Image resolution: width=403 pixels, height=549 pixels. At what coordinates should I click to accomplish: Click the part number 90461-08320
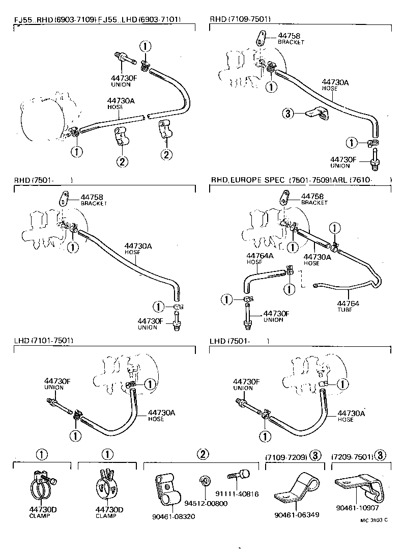pyautogui.click(x=173, y=516)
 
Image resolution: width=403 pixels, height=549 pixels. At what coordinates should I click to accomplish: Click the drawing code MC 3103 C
pyautogui.click(x=374, y=520)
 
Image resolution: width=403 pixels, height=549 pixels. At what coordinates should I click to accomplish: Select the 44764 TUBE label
pyautogui.click(x=348, y=307)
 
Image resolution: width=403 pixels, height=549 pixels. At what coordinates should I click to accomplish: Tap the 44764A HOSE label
pyautogui.click(x=254, y=258)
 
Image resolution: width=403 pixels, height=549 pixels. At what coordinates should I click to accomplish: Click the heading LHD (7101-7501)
pyautogui.click(x=44, y=340)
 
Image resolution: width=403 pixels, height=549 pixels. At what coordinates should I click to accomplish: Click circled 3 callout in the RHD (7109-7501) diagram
pyautogui.click(x=289, y=113)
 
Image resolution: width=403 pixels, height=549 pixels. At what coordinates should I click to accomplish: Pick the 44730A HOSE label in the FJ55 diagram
pyautogui.click(x=121, y=104)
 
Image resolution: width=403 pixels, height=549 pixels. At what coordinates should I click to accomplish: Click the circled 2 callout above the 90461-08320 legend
pyautogui.click(x=202, y=454)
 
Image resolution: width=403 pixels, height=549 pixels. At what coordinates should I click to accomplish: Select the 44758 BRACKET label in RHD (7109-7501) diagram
pyautogui.click(x=291, y=39)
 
